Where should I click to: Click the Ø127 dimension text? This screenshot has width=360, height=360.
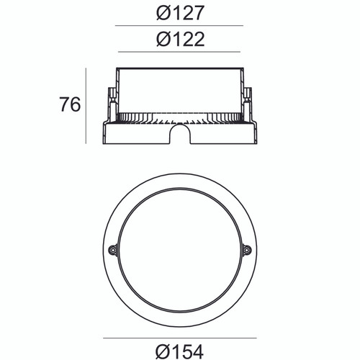click(179, 13)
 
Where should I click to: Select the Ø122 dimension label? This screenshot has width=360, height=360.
click(179, 39)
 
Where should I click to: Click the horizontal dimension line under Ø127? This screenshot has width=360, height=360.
click(179, 26)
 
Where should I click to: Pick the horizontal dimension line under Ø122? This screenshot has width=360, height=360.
click(179, 52)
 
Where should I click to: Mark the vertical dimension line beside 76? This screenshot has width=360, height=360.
click(86, 105)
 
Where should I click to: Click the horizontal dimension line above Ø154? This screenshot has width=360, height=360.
click(179, 337)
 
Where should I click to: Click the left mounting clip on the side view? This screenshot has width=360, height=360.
click(111, 101)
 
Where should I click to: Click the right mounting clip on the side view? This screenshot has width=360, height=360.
click(248, 101)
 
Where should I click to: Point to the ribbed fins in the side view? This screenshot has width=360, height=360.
click(179, 117)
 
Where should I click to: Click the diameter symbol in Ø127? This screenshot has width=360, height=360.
click(163, 13)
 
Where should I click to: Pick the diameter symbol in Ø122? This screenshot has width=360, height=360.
click(163, 39)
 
